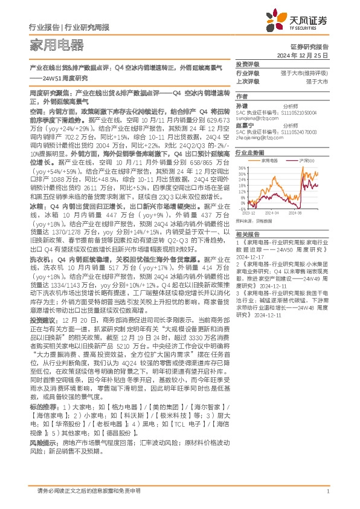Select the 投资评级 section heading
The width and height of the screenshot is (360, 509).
coord(248,64)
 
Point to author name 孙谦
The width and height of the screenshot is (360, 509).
coord(242,105)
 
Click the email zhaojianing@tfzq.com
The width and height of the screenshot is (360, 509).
coord(259,138)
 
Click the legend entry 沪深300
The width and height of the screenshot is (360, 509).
coord(306,161)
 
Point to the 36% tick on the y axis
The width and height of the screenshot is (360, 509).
coord(242,168)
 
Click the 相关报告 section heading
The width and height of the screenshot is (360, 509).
coord(248,233)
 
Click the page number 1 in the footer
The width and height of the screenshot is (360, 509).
coord(327,491)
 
